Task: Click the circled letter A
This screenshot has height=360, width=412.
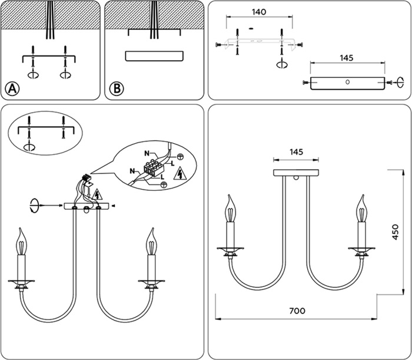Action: click(x=12, y=89)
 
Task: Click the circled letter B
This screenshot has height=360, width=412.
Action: click(x=117, y=89)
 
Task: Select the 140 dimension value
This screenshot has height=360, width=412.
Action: click(x=258, y=12)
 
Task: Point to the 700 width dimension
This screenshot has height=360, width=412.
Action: click(x=297, y=311)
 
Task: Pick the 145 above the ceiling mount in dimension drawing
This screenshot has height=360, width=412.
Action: click(x=297, y=152)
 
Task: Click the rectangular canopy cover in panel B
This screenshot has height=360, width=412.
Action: click(x=154, y=56)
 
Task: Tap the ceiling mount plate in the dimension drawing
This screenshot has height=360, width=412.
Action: click(x=297, y=173)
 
